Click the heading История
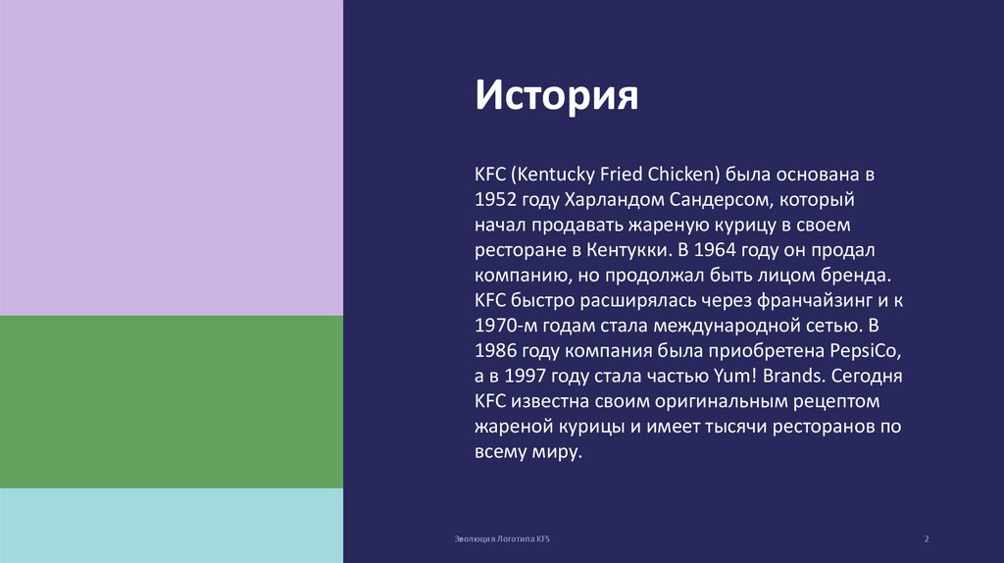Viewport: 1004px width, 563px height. (x=557, y=96)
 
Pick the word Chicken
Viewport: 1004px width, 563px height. (x=682, y=176)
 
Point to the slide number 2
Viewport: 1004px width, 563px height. (x=927, y=540)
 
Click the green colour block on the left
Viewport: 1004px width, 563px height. (x=172, y=402)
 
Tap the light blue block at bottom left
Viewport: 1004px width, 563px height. (x=172, y=526)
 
